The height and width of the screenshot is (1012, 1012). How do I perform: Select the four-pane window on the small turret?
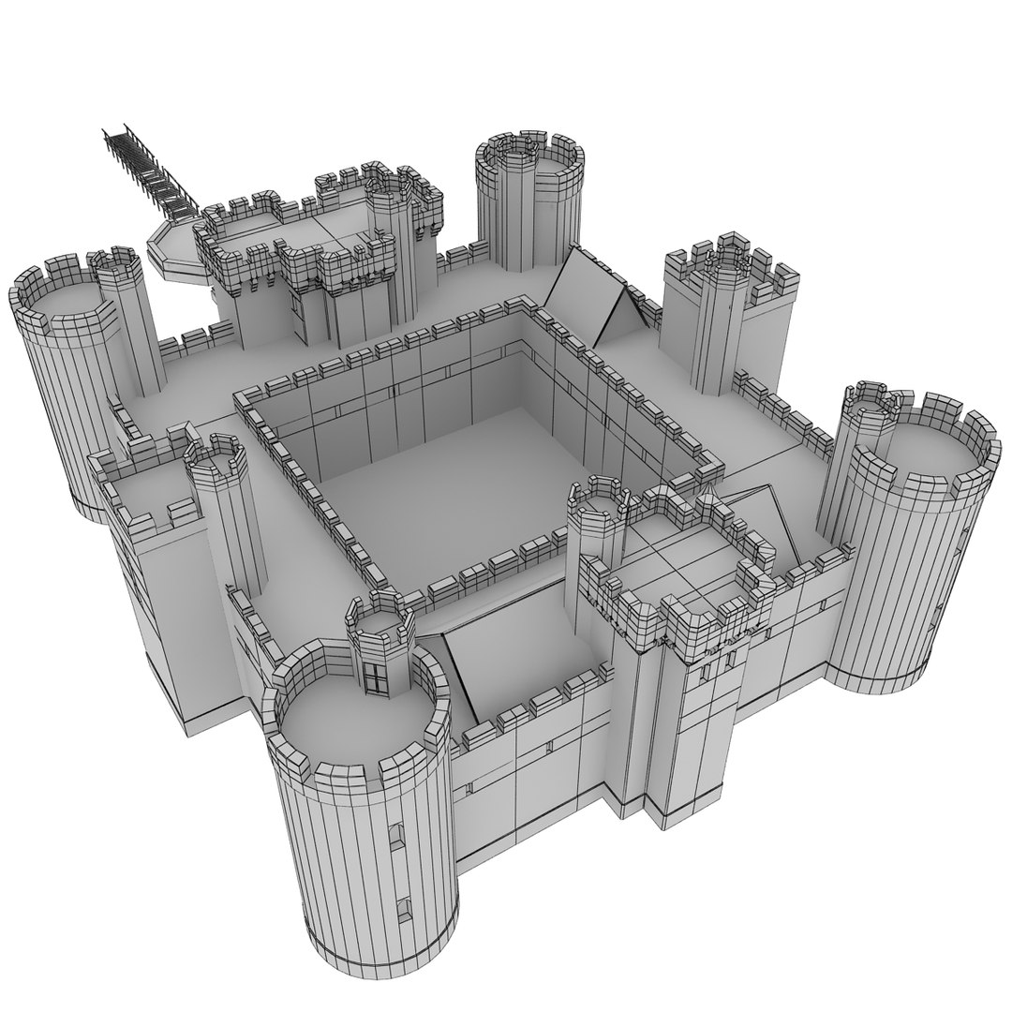click(x=378, y=674)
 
